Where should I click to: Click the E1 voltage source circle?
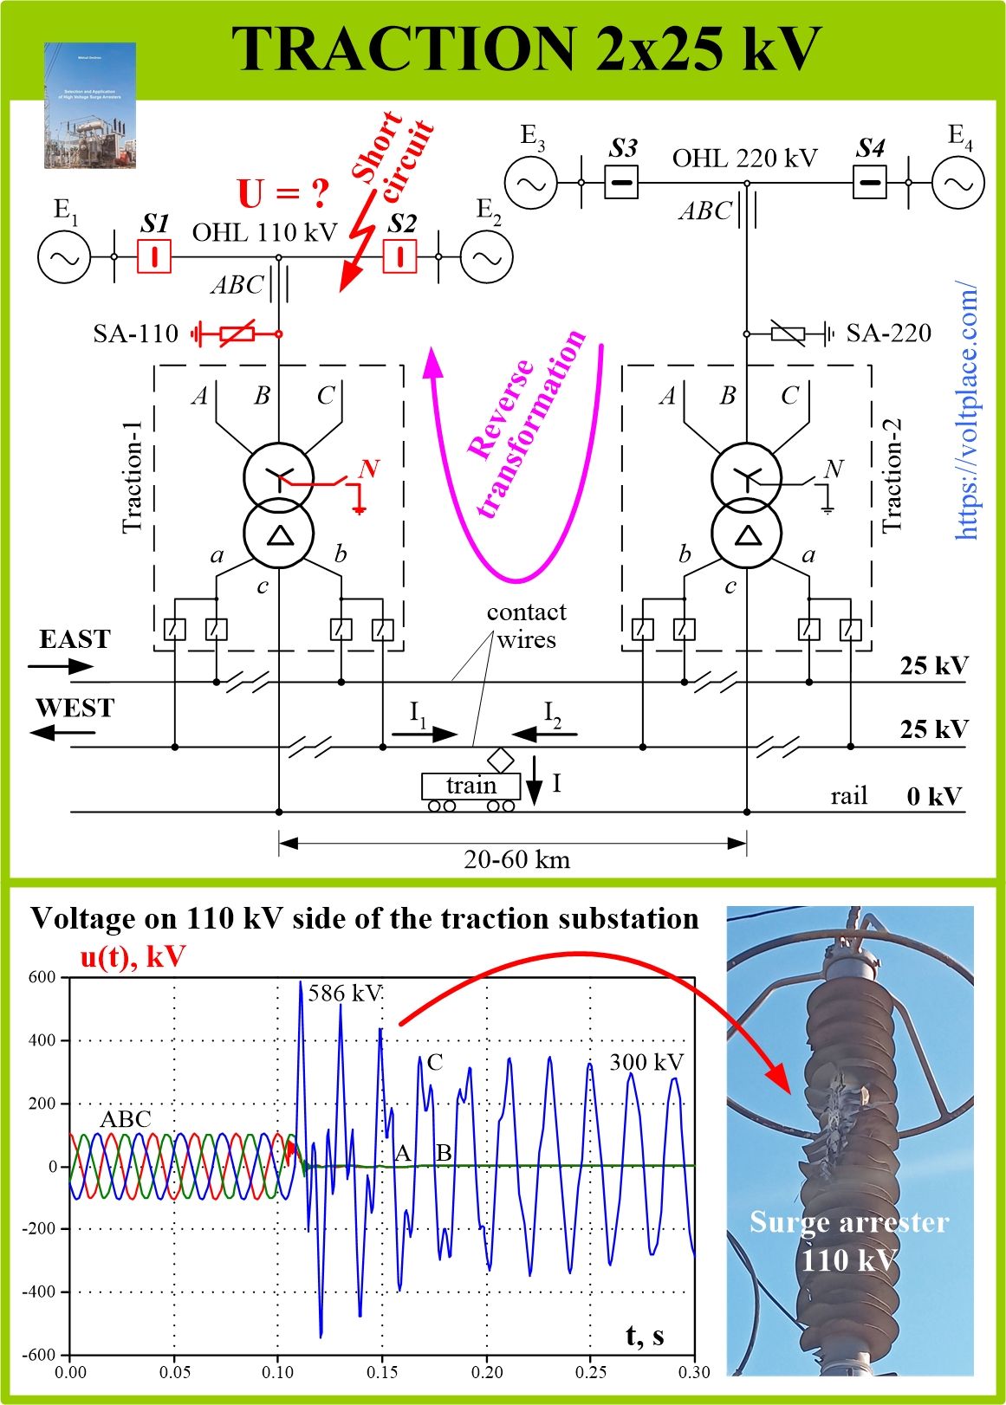[x=63, y=257]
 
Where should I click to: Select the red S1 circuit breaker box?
[x=154, y=256]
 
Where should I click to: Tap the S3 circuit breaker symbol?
[x=621, y=183]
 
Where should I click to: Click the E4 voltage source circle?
[x=958, y=183]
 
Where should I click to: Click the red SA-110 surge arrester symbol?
[x=237, y=333]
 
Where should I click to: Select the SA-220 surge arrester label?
[x=888, y=333]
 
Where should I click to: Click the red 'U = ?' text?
[x=283, y=194]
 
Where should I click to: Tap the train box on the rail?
[x=471, y=786]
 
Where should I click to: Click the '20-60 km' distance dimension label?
[x=516, y=859]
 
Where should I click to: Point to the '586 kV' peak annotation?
[x=344, y=993]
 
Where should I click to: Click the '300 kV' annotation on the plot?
[x=646, y=1062]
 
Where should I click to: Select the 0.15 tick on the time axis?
[x=382, y=1372]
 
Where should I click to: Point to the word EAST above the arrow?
[x=75, y=639]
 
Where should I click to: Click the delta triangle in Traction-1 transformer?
[x=279, y=535]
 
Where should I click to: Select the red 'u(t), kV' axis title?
[x=133, y=956]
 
